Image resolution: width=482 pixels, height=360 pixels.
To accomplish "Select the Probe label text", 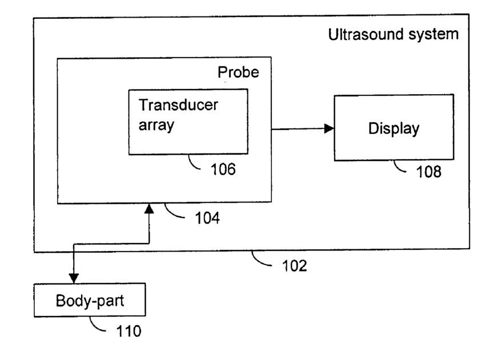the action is (x=238, y=72).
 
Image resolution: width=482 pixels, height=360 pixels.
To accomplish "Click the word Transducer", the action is (x=178, y=105).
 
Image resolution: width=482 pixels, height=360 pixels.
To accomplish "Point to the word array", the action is (x=156, y=126).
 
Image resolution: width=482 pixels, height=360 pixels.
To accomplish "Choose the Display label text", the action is (x=394, y=128).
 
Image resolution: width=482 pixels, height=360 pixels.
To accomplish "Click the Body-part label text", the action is (x=90, y=301).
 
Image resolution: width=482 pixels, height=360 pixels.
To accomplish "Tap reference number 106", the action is (x=223, y=169).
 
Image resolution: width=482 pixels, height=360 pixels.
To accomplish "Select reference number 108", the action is (x=428, y=172).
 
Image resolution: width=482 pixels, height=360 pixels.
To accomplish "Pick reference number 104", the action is (x=207, y=218).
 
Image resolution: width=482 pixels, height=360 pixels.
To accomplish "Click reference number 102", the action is (x=295, y=266).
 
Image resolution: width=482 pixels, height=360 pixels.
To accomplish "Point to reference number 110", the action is (x=129, y=331).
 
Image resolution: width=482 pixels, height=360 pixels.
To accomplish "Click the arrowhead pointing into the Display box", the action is (x=329, y=128).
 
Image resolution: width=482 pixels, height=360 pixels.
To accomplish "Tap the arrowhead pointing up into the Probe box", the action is (x=149, y=208).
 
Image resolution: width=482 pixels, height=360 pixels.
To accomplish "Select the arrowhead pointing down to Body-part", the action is (x=74, y=278).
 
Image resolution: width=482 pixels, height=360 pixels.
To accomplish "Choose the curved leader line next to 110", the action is (x=95, y=326).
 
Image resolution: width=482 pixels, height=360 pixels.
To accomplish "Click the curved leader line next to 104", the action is (x=171, y=213).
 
